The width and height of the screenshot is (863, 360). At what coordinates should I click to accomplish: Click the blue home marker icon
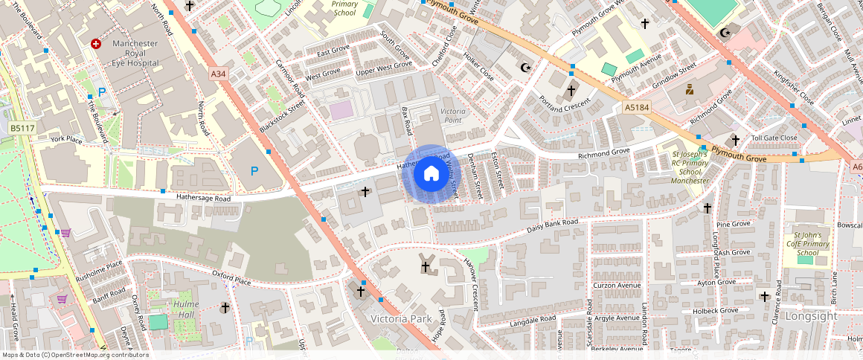431,174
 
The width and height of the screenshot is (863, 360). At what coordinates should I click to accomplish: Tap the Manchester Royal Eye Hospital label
135,54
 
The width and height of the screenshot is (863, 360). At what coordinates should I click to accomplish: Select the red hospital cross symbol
95,45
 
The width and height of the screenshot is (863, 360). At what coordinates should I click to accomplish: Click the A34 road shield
218,74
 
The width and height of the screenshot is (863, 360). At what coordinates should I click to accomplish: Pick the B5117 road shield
22,129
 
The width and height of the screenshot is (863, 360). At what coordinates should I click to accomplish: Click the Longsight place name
810,316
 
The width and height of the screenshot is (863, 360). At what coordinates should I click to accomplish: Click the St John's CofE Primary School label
808,243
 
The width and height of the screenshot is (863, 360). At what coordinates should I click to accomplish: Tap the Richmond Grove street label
604,153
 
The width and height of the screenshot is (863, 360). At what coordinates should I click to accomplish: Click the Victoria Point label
452,115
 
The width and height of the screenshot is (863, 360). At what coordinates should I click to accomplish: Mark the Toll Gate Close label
774,138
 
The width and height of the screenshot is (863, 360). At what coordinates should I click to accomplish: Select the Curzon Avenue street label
617,286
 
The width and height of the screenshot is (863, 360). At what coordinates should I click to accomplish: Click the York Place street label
66,139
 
